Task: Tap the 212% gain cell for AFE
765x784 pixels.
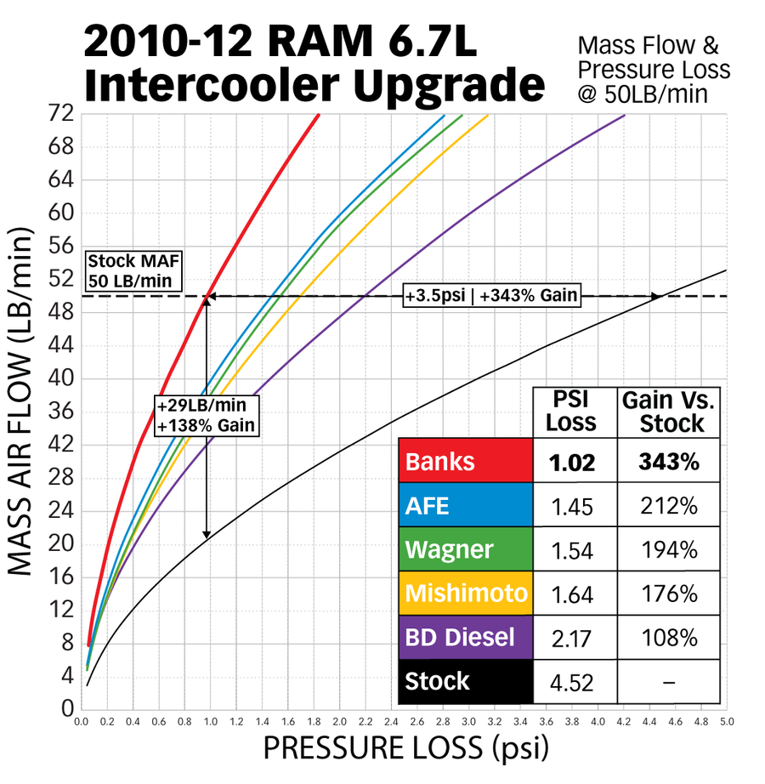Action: pos(669,506)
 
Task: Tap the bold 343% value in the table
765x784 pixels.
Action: pos(669,462)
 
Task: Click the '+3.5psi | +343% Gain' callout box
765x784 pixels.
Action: pos(492,296)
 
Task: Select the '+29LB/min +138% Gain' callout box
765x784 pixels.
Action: pos(206,415)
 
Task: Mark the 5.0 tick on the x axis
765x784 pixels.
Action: pos(728,721)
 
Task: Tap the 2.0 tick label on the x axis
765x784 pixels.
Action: pos(340,721)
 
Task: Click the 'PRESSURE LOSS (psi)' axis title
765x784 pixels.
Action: pos(405,750)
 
